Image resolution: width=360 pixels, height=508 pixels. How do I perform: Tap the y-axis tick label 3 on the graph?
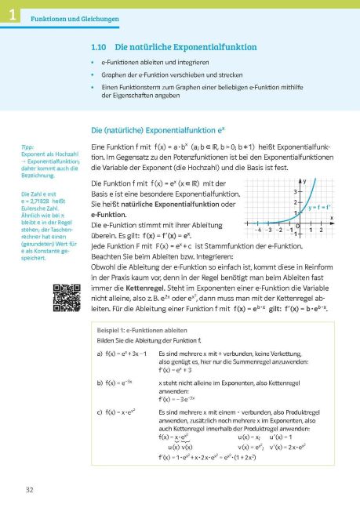[x=295, y=192]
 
